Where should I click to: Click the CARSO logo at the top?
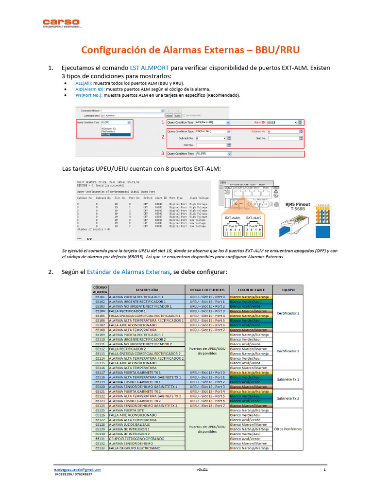[x=61, y=23]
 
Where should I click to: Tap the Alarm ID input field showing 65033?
[x=280, y=123]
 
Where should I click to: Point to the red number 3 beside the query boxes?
[x=163, y=154]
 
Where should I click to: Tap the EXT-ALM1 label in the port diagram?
[x=233, y=218]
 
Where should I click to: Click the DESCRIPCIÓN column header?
[x=147, y=289]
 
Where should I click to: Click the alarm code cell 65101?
[x=100, y=297]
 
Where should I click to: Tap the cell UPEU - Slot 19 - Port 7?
[x=207, y=330]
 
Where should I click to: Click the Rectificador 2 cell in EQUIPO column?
[x=288, y=350]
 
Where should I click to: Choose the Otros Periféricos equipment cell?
[x=288, y=429]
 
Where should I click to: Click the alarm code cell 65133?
[x=100, y=448]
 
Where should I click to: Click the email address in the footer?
[x=78, y=469]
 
